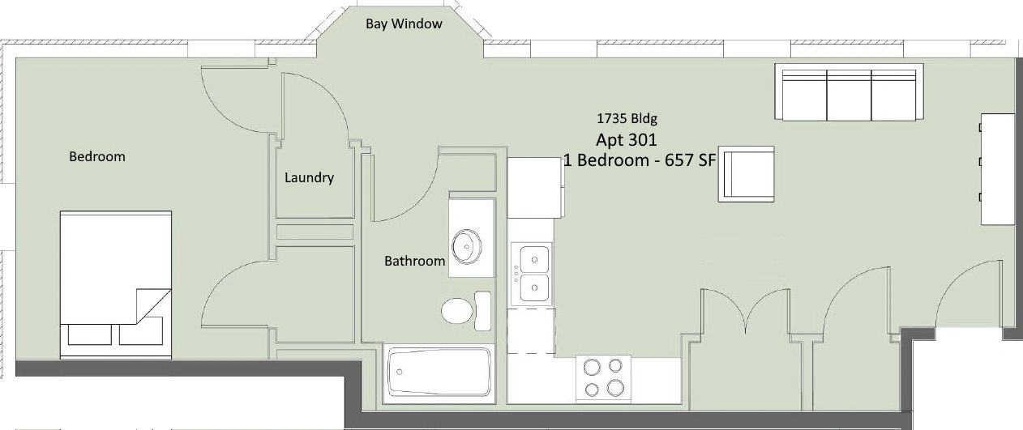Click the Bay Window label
(404, 23)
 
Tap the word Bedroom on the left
(96, 156)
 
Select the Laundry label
(309, 177)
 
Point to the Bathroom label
(414, 261)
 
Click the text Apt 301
(626, 139)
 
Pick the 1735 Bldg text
(627, 118)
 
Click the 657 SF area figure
(690, 160)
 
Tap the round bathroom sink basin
(466, 246)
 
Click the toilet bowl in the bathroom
(456, 310)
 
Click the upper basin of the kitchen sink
(534, 259)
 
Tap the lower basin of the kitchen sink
(534, 287)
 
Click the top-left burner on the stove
(593, 367)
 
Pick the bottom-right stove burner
(615, 388)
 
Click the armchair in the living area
(747, 174)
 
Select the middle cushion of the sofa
(849, 96)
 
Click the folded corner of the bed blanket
(153, 306)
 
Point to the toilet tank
(483, 311)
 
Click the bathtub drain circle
(400, 372)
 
